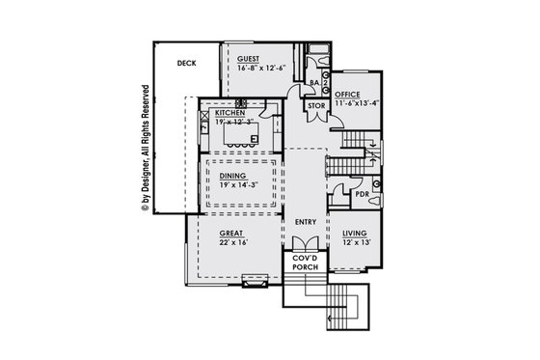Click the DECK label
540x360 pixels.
coord(187,64)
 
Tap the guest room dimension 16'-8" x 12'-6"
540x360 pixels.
coord(260,69)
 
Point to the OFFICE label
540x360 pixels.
coord(347,95)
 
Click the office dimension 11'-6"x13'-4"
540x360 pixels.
coord(357,103)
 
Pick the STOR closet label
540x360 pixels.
coord(316,104)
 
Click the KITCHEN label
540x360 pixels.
coord(230,113)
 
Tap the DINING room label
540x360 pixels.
coord(232,176)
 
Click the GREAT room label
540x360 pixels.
coord(230,234)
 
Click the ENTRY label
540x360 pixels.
coord(306,223)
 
